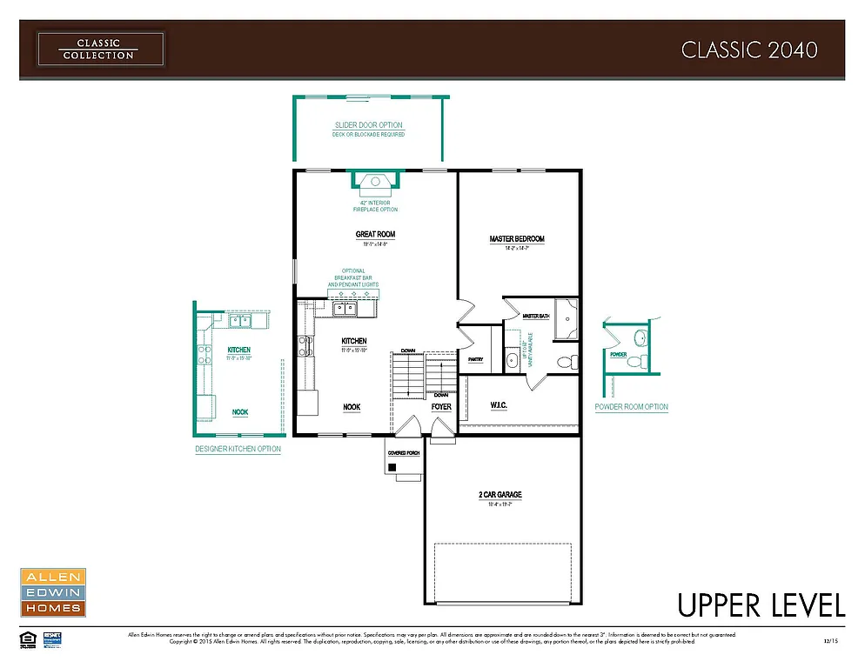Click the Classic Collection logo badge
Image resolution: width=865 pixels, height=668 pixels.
[99, 49]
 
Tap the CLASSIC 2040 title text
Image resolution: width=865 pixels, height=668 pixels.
[748, 50]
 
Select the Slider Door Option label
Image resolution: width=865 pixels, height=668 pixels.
[368, 125]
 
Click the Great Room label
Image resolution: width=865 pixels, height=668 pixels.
[375, 234]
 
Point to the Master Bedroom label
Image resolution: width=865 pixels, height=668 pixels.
[517, 239]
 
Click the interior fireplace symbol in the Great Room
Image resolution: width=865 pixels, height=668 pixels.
[375, 180]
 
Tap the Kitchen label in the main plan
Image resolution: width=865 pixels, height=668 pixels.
[353, 341]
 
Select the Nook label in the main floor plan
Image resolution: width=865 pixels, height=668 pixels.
[352, 407]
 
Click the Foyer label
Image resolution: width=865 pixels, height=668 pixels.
[441, 407]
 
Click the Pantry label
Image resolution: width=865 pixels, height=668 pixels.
[475, 358]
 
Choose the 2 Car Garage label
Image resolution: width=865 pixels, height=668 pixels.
[500, 495]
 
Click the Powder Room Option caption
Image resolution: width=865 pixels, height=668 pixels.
[631, 407]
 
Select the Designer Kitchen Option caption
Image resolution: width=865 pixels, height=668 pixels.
[238, 449]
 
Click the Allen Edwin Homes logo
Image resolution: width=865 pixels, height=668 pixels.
[52, 592]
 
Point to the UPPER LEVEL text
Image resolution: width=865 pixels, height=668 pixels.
[761, 605]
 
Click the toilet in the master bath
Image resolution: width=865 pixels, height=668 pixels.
[564, 361]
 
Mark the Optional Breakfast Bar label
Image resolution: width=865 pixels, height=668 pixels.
[352, 277]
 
